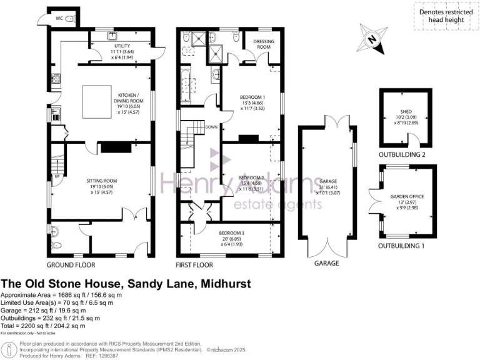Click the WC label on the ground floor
click(60, 19)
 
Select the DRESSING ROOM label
click(261, 44)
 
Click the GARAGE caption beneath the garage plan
click(326, 263)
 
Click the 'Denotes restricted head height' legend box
click(444, 16)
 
